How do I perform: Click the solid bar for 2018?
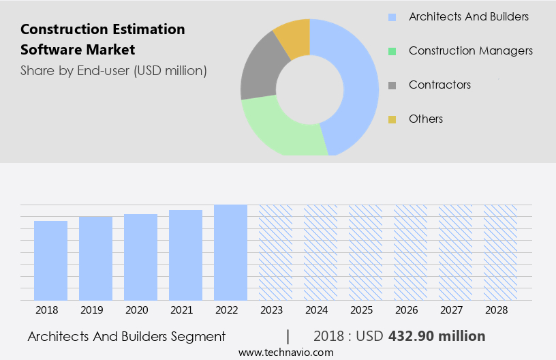pyautogui.click(x=50, y=260)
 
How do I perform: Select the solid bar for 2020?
pyautogui.click(x=140, y=257)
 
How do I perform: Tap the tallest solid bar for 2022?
pyautogui.click(x=230, y=252)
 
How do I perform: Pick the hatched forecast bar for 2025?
pyautogui.click(x=365, y=252)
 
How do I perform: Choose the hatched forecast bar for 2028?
pyautogui.click(x=500, y=252)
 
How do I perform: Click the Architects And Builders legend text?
pyautogui.click(x=469, y=16)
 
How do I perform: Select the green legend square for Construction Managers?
pyautogui.click(x=392, y=51)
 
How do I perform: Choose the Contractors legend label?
pyautogui.click(x=439, y=85)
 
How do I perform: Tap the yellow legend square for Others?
pyautogui.click(x=392, y=119)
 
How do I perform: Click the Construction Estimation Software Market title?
pyautogui.click(x=102, y=40)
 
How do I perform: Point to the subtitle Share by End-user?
pyautogui.click(x=113, y=70)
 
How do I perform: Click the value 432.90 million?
pyautogui.click(x=436, y=336)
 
